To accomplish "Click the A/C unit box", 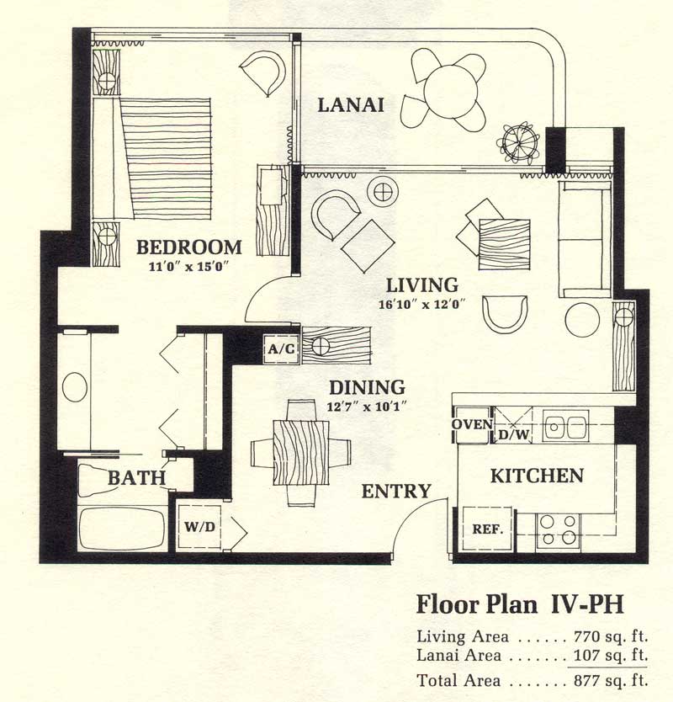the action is pos(281,348).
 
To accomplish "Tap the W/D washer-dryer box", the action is pos(199,527).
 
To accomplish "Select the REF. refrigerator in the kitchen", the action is pos(487,529).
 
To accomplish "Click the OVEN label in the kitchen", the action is pos(472,424).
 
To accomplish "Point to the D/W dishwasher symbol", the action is pos(513,425).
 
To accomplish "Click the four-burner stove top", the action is pos(558,529).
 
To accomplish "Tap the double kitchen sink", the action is pos(565,426).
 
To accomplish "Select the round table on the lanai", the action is pos(450,92).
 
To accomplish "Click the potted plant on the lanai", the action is pos(518,143).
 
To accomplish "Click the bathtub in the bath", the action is pos(122,529).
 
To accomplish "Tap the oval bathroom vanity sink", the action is pos(75,387).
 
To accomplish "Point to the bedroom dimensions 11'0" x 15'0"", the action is pos(188,267).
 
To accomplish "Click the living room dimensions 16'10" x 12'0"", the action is pos(422,305).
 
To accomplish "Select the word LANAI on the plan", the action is pos(351,105).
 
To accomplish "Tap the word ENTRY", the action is pos(396,491).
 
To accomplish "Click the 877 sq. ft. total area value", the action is pos(611,680).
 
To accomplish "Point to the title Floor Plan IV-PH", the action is pos(520,604).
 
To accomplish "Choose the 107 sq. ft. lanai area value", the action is pos(611,656).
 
